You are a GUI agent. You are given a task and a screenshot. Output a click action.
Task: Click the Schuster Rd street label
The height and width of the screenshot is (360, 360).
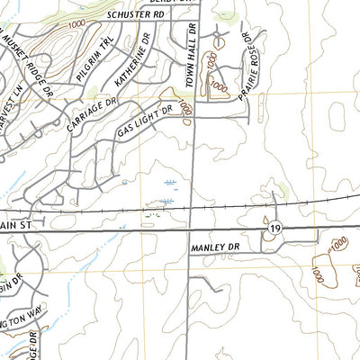[135, 15]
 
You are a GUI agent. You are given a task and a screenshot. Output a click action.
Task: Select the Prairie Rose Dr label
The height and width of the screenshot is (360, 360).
[256, 64]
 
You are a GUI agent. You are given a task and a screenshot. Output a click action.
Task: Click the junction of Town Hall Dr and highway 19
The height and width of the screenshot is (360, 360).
[189, 230]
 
